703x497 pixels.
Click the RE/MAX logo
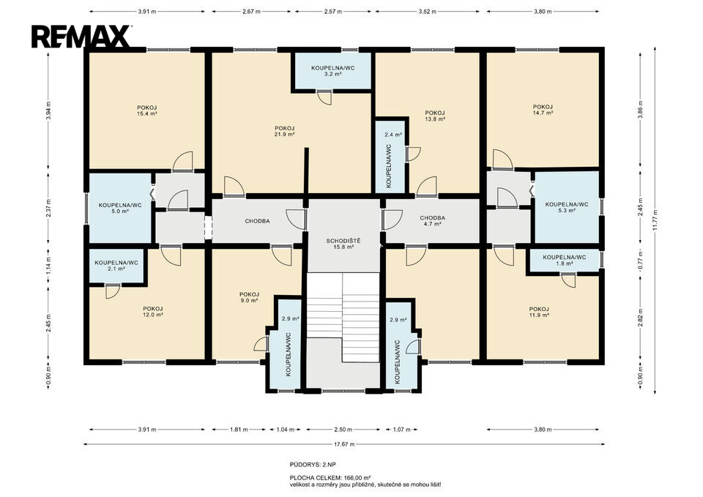[x=81, y=37]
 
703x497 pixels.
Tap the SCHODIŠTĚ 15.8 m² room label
[x=343, y=244]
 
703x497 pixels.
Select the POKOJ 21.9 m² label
[x=285, y=131]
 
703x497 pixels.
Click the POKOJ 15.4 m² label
[x=146, y=111]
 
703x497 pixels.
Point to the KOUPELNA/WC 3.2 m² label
[x=332, y=71]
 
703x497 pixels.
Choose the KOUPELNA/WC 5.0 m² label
[x=120, y=208]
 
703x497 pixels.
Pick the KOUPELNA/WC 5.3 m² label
[x=567, y=207]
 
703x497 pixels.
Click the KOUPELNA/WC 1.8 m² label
[x=564, y=261]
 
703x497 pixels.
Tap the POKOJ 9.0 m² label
[x=249, y=298]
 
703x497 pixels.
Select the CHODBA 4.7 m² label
[x=433, y=221]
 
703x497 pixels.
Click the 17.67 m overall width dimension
[x=346, y=444]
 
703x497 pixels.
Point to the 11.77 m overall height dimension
[x=655, y=220]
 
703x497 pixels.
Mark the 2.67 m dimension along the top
[x=251, y=12]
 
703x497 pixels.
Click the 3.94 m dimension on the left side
[x=48, y=111]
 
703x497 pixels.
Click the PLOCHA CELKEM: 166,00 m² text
[x=330, y=478]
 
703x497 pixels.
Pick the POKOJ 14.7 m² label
[x=543, y=110]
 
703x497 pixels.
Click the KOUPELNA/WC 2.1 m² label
[x=116, y=266]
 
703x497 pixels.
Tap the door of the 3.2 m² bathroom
[x=324, y=97]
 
